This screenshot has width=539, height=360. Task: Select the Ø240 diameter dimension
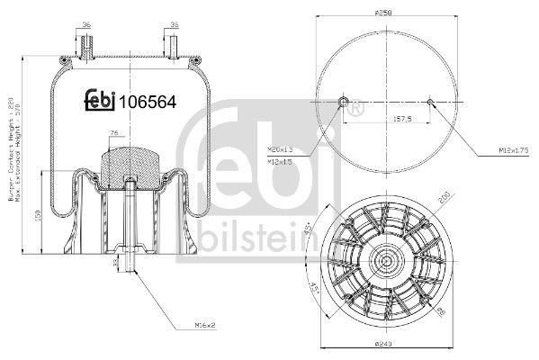pyautogui.click(x=386, y=343)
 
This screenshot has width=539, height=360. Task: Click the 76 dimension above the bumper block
pyautogui.click(x=112, y=133)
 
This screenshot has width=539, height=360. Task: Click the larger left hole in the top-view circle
pyautogui.click(x=341, y=101)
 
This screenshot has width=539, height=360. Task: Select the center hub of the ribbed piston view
pyautogui.click(x=386, y=262)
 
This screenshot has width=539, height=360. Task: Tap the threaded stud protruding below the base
pyautogui.click(x=131, y=265)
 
